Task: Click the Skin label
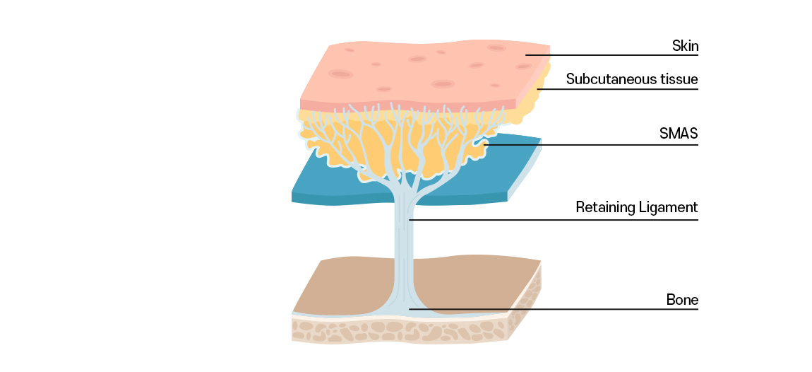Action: [684, 47]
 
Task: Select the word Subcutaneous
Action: [600, 79]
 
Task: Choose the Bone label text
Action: [682, 300]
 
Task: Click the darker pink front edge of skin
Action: [395, 105]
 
